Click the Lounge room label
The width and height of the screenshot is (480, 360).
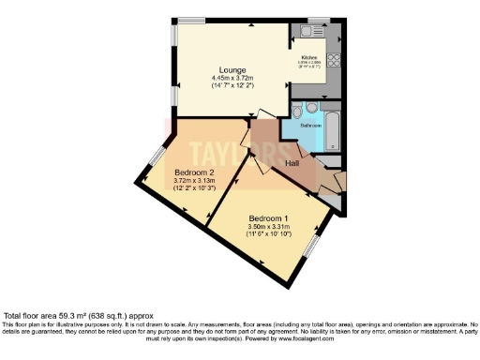coord(232,70)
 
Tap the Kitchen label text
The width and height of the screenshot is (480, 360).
coord(309,57)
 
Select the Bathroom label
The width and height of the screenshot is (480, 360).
coord(312,125)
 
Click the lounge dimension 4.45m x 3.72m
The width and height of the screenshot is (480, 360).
coord(232,79)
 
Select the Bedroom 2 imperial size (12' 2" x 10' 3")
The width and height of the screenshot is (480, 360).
coord(194,188)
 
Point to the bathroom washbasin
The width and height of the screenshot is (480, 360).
coord(312,106)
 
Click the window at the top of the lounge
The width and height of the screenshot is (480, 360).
coord(192,19)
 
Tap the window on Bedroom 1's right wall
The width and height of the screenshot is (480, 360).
coord(315,245)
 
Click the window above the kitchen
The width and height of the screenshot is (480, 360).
coord(319,19)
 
